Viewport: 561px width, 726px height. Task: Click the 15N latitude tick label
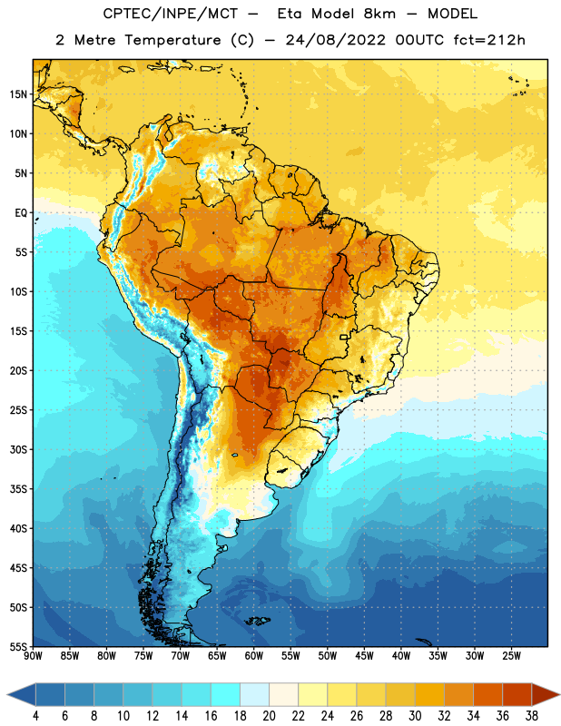point(18,94)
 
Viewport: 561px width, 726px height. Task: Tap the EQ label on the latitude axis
point(21,213)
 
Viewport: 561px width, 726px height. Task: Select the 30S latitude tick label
point(18,450)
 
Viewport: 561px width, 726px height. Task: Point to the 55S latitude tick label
point(18,646)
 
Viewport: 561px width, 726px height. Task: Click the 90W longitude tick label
point(33,655)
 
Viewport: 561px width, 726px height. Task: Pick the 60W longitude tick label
point(254,655)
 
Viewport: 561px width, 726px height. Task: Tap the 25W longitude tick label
point(511,655)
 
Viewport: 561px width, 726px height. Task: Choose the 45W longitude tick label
point(364,655)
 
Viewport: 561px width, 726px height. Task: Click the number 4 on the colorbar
point(35,716)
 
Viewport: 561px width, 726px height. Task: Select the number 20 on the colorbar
point(269,716)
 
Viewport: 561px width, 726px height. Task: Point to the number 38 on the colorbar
point(532,716)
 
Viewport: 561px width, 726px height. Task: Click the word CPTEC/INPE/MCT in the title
point(170,14)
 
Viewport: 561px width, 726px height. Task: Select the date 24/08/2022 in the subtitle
point(335,40)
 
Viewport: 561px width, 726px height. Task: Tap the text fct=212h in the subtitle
point(489,40)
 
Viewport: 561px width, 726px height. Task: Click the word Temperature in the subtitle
point(172,40)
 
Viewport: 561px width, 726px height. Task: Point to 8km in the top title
point(379,14)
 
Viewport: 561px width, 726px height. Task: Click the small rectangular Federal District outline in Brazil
point(344,337)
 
